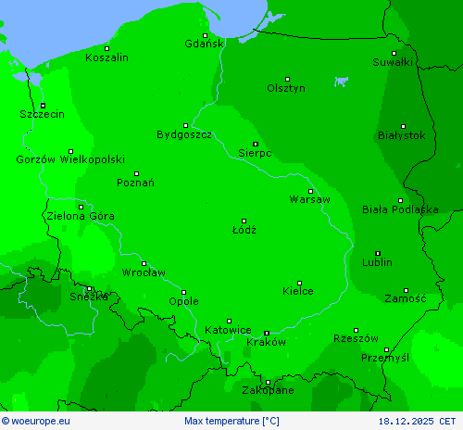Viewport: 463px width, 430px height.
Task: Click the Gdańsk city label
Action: (204, 44)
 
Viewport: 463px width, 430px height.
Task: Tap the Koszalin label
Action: (106, 57)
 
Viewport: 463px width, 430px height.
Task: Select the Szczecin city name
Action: (42, 114)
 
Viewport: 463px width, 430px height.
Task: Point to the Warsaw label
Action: (309, 199)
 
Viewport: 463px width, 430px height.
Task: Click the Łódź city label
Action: (244, 229)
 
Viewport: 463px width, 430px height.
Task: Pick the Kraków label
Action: (267, 341)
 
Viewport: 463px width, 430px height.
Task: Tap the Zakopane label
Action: (269, 390)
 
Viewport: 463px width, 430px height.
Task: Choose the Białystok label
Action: (402, 134)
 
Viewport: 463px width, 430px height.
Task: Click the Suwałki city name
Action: (393, 62)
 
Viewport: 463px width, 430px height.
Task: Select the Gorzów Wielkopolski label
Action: (70, 159)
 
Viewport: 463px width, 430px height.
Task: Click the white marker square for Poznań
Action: (136, 173)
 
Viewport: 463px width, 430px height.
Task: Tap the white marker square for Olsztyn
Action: (287, 79)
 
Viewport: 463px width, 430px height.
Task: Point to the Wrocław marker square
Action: (144, 263)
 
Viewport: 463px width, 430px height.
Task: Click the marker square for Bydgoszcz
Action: (185, 125)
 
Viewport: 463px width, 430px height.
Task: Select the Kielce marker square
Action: (298, 283)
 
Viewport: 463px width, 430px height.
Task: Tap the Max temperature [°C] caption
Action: (231, 422)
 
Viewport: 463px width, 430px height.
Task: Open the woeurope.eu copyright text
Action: (36, 422)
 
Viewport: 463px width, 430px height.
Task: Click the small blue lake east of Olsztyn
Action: (342, 81)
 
